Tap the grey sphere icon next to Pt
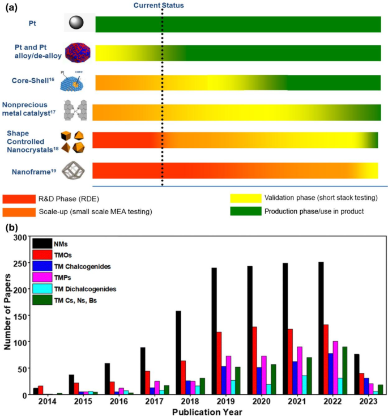tap(76, 23)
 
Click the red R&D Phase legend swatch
tap(30, 199)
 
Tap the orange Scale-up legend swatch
tap(30, 212)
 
